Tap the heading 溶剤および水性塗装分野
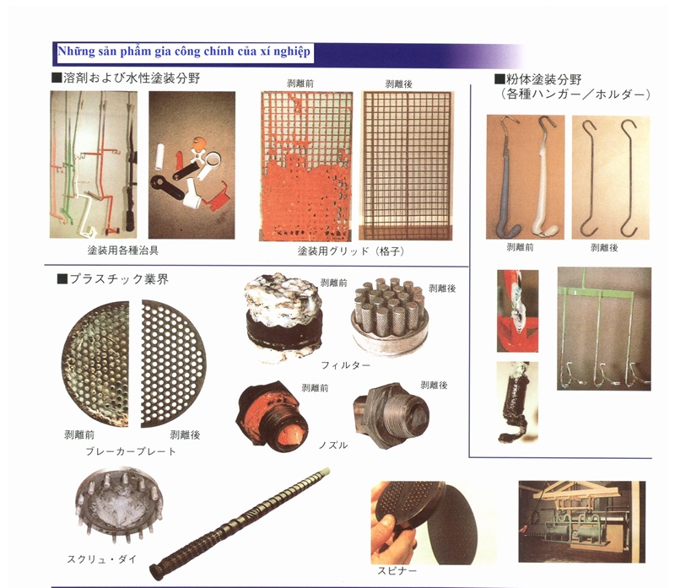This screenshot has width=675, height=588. click(125, 78)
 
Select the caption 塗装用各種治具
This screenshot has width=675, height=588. click(122, 250)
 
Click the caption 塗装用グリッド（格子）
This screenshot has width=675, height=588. click(351, 251)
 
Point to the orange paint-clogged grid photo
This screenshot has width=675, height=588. click(305, 165)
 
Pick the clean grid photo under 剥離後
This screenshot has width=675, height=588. click(407, 165)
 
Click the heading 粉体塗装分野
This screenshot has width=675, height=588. click(537, 79)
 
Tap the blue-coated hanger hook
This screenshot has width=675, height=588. click(507, 181)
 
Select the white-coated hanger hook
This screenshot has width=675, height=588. click(543, 181)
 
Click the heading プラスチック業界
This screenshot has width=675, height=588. click(113, 279)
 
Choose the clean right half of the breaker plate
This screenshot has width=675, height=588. click(174, 364)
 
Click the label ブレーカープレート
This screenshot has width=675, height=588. click(131, 451)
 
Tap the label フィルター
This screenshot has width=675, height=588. click(346, 365)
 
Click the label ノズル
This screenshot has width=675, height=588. click(333, 445)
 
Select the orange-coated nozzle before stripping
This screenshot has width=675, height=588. click(273, 415)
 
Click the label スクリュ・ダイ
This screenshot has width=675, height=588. click(101, 559)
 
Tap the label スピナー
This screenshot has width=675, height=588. click(397, 571)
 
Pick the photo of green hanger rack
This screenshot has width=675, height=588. click(604, 329)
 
